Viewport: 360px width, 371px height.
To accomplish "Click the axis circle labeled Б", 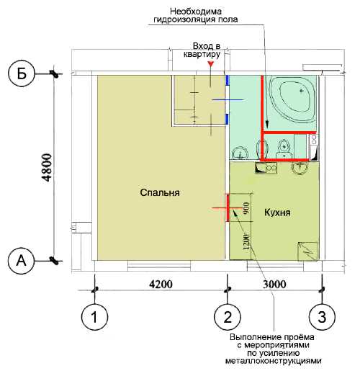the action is (x=22, y=73).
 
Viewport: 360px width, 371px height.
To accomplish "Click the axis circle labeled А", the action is (x=22, y=261).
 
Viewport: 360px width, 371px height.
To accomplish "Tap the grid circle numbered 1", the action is (x=95, y=317).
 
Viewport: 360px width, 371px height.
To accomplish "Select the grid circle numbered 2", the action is (x=228, y=317).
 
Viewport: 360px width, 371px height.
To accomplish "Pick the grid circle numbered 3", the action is (x=322, y=317).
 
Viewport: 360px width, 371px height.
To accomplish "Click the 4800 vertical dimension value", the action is (x=47, y=168).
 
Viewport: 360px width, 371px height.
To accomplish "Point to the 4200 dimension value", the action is (x=161, y=285).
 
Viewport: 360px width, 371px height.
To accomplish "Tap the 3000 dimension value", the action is (x=274, y=285).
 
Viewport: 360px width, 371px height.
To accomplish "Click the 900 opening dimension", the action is (x=246, y=208).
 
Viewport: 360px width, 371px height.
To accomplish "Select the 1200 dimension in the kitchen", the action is (x=246, y=241).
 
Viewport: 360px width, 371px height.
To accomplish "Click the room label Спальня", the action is (x=160, y=192).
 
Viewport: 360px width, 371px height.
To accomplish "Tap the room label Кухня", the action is (x=277, y=213).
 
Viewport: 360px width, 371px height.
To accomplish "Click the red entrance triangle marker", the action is (x=211, y=64).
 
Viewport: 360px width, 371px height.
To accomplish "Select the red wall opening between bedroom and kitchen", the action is (x=228, y=207).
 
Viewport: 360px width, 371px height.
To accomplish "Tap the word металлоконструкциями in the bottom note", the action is (x=273, y=361).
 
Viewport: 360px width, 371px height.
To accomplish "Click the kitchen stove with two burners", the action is (x=266, y=168).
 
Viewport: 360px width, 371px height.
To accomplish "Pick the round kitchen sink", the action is (x=300, y=166).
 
